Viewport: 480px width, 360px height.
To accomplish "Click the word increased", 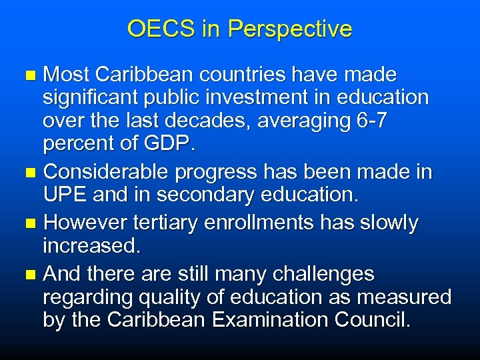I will (91, 247).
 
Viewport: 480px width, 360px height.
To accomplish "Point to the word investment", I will (251, 98).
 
